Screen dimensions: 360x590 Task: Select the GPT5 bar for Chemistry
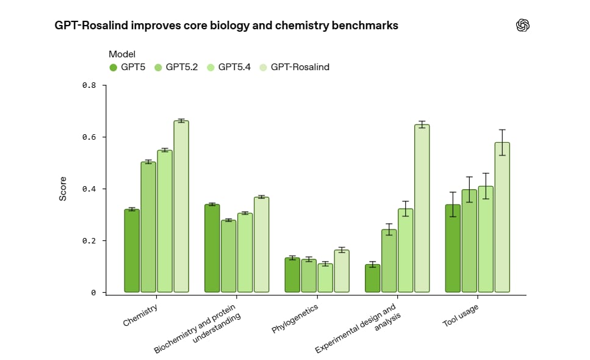pyautogui.click(x=132, y=251)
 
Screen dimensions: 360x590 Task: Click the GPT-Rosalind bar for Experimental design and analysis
pyautogui.click(x=422, y=208)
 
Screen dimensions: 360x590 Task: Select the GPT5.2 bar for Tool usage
pyautogui.click(x=469, y=240)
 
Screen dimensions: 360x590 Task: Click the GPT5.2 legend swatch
pyautogui.click(x=159, y=67)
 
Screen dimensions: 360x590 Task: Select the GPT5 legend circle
pyautogui.click(x=113, y=67)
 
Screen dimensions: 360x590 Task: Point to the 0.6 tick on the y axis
pyautogui.click(x=89, y=137)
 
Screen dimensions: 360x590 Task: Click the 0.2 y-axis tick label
pyautogui.click(x=89, y=241)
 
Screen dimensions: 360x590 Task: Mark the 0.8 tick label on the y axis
pyautogui.click(x=89, y=85)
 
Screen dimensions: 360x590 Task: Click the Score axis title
pyautogui.click(x=63, y=189)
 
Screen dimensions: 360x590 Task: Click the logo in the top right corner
pyautogui.click(x=523, y=25)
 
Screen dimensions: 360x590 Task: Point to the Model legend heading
pyautogui.click(x=122, y=54)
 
